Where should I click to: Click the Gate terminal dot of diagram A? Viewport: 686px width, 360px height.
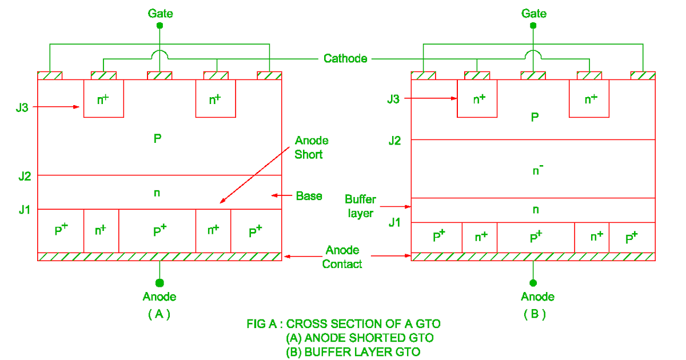pyautogui.click(x=159, y=26)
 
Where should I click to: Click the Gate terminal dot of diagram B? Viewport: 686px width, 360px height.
pyautogui.click(x=533, y=26)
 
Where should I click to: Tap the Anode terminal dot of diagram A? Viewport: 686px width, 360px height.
pyautogui.click(x=159, y=283)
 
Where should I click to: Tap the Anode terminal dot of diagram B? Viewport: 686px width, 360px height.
pyautogui.click(x=533, y=283)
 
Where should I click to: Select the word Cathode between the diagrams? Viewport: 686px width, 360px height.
pyautogui.click(x=345, y=58)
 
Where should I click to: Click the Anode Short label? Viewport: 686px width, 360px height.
pyautogui.click(x=312, y=147)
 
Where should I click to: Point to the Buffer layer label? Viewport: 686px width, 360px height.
pyautogui.click(x=360, y=206)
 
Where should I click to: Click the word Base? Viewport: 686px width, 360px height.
pyautogui.click(x=309, y=196)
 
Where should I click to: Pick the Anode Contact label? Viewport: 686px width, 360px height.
pyautogui.click(x=342, y=257)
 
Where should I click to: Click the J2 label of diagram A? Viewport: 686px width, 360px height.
pyautogui.click(x=24, y=175)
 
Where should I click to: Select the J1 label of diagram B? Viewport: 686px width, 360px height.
pyautogui.click(x=394, y=222)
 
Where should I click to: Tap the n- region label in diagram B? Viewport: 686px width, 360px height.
pyautogui.click(x=535, y=169)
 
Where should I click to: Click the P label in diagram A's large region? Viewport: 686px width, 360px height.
pyautogui.click(x=158, y=139)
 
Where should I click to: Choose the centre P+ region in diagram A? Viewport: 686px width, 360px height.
pyautogui.click(x=158, y=231)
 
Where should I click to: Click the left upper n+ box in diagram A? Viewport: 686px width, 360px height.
pyautogui.click(x=103, y=98)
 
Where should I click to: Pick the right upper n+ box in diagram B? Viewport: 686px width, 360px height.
pyautogui.click(x=589, y=98)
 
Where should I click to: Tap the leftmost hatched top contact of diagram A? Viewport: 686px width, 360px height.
pyautogui.click(x=50, y=75)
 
